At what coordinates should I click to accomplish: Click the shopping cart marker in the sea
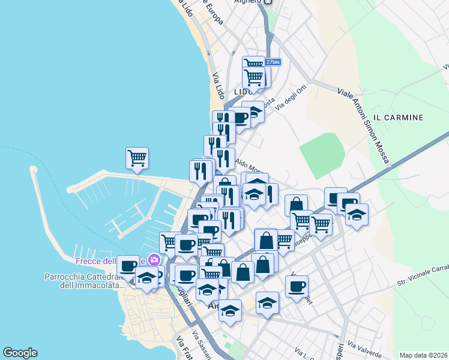coord(137,158)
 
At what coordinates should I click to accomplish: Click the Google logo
coord(20,353)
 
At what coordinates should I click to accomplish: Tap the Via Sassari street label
coord(204,341)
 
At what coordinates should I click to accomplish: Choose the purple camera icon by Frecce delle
coord(155,260)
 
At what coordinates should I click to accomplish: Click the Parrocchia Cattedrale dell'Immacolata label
coord(82,281)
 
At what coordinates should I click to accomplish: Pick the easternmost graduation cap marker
coord(357,215)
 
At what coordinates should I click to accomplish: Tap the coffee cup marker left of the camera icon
coord(128,266)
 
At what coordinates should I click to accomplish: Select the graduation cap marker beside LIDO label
coord(254,112)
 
